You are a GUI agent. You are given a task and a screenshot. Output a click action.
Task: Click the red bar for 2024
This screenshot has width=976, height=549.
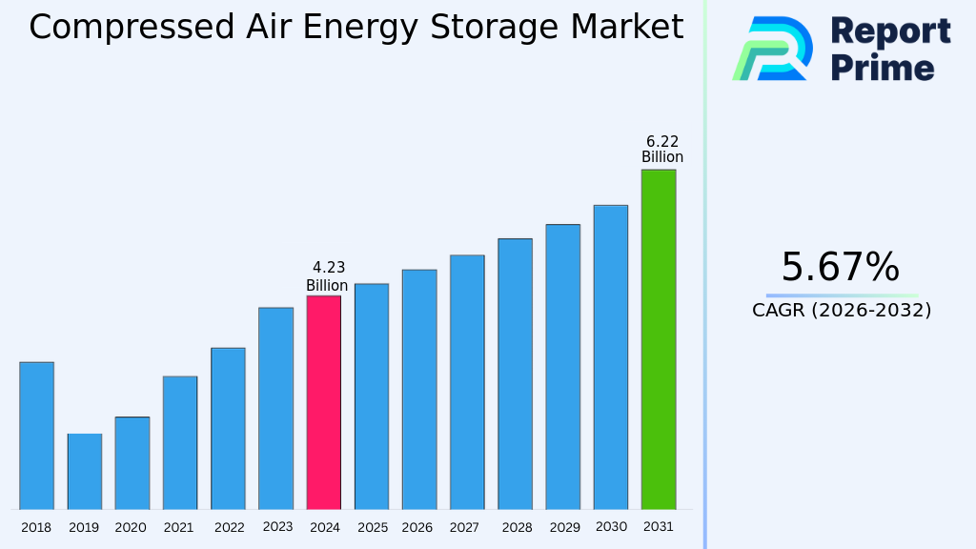pos(323,402)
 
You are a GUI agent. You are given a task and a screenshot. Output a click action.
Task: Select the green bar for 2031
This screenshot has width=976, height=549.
pos(658,339)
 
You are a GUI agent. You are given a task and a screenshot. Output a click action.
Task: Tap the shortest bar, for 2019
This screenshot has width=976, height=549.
pos(84,472)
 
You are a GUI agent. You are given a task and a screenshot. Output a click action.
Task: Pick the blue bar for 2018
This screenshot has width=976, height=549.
pos(36,436)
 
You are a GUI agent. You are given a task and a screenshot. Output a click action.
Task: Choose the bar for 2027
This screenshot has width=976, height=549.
pos(467,382)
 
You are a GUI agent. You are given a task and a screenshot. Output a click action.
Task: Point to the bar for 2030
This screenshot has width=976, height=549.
pos(610,357)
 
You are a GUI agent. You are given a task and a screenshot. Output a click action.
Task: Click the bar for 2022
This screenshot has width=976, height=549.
pos(228,428)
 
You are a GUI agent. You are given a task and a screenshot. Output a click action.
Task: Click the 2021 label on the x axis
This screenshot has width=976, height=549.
pos(179,527)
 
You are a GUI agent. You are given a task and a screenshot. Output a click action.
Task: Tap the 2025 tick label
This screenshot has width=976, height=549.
pos(372,527)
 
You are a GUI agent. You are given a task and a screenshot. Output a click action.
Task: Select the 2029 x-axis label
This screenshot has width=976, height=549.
pos(564,527)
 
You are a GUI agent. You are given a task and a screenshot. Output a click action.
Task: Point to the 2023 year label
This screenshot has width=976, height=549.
pos(276,527)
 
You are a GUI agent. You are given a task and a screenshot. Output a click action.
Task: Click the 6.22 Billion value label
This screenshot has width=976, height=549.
pos(661,150)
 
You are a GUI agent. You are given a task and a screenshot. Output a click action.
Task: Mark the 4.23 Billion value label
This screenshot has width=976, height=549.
pos(327,276)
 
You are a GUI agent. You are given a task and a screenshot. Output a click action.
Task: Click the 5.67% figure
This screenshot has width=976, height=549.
pos(840,267)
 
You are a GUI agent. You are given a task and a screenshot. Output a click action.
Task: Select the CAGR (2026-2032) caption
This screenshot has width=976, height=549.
pos(842,310)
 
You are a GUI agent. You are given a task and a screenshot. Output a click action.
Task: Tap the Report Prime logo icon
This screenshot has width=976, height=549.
pos(772,49)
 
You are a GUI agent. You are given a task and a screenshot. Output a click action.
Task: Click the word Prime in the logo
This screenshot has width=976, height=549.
pos(883,68)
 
